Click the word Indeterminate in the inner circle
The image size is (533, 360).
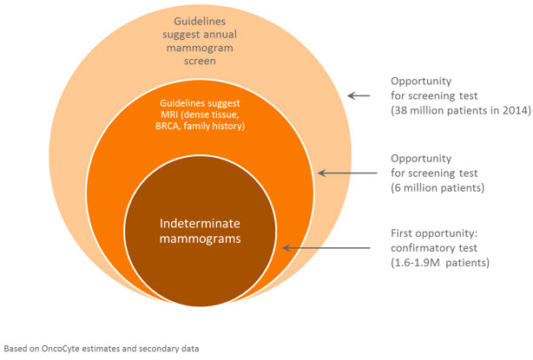pos(196,223)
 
